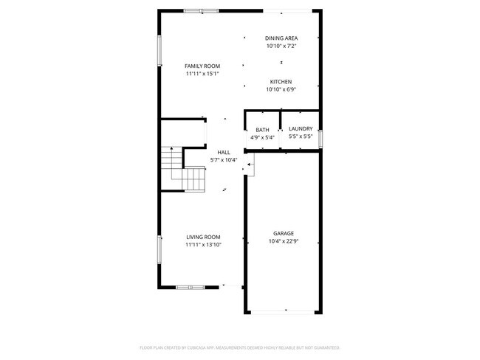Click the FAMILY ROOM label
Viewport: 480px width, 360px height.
[202, 66]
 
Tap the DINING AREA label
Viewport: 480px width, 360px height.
[281, 38]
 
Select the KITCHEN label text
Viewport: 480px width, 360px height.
[281, 82]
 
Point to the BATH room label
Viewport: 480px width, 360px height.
[262, 129]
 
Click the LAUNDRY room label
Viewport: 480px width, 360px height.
[301, 129]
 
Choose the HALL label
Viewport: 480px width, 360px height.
[223, 153]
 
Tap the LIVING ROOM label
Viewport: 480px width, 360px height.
[202, 238]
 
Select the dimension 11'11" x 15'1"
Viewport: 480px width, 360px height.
[202, 74]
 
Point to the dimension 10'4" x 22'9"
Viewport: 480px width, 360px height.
[284, 241]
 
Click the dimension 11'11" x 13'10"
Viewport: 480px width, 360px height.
[203, 245]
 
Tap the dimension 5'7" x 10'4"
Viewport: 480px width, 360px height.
[224, 160]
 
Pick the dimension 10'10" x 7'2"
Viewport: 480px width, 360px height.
[281, 46]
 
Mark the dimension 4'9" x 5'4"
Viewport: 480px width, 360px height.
[262, 137]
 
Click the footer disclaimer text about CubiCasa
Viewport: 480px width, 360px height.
[240, 347]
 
